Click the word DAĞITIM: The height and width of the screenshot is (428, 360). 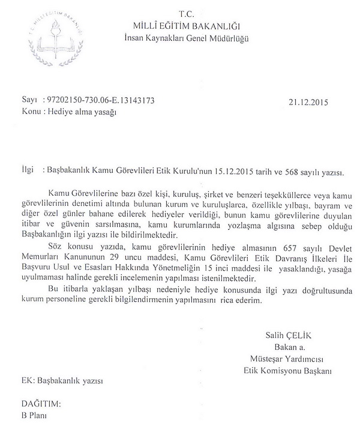point(41,404)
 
